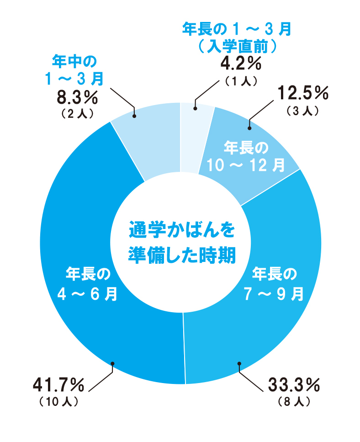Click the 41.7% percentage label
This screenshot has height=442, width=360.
[x=58, y=386]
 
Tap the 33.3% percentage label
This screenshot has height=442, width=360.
[x=294, y=386]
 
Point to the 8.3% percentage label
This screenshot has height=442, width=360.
[x=77, y=97]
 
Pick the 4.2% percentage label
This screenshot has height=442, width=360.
[x=241, y=64]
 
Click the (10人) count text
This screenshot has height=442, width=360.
[x=58, y=402]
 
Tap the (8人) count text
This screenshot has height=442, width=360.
[x=294, y=402]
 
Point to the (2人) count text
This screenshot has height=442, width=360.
[x=77, y=113]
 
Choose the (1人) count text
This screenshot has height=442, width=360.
[x=241, y=80]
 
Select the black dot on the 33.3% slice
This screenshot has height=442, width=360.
[x=238, y=363]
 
